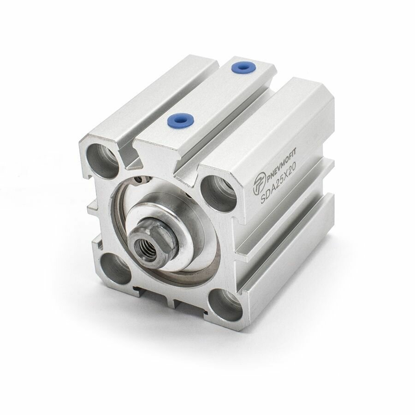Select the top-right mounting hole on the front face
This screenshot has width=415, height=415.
pyautogui.click(x=219, y=193)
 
